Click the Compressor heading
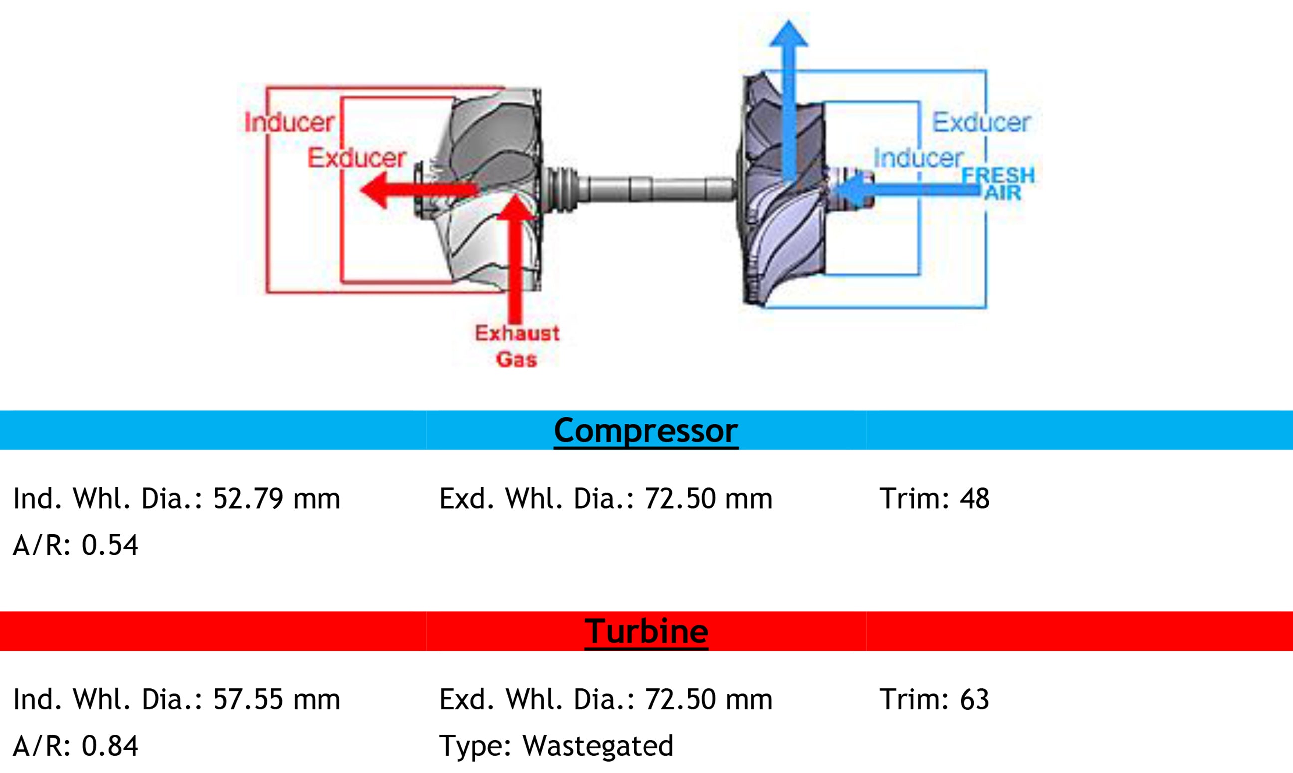click(x=646, y=431)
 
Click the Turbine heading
click(x=646, y=631)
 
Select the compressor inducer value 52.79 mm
click(x=276, y=499)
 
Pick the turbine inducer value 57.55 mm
click(x=276, y=699)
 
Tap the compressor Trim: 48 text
click(x=934, y=499)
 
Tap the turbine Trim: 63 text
click(x=934, y=699)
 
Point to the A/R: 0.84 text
click(x=75, y=746)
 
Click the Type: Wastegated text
click(x=556, y=746)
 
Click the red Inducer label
click(x=289, y=122)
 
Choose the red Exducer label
click(x=356, y=158)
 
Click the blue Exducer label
click(x=981, y=122)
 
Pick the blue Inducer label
click(x=918, y=158)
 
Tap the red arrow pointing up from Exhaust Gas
click(x=515, y=260)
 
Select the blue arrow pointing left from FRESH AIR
click(x=906, y=189)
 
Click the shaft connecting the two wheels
click(x=656, y=189)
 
